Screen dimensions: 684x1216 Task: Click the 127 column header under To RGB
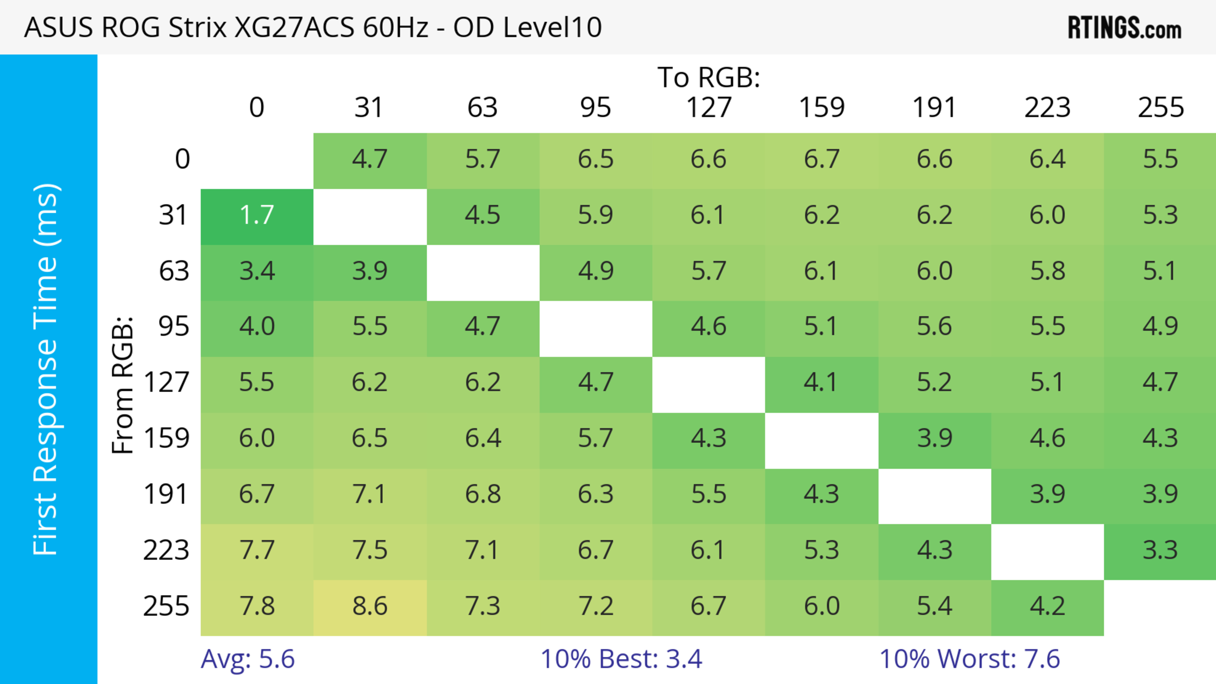[x=709, y=108]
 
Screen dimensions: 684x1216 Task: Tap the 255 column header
[x=1160, y=108]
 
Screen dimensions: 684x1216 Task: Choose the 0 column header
[x=257, y=108]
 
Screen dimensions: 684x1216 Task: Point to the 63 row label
[x=174, y=272]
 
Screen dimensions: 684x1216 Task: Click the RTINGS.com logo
[x=1124, y=28]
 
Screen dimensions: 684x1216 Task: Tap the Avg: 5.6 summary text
[x=248, y=659]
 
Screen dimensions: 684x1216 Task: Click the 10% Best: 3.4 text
[x=621, y=659]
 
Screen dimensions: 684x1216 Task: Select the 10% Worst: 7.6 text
[x=970, y=659]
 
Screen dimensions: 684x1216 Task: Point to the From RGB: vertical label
[x=123, y=385]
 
